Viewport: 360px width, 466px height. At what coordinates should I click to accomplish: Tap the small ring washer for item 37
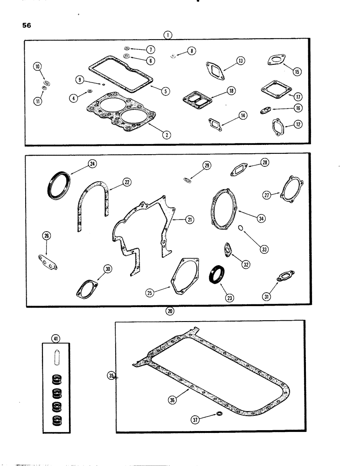click(x=219, y=414)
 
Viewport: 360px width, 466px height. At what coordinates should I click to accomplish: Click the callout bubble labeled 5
click(x=164, y=91)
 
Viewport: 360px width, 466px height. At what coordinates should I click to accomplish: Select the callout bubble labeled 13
click(x=240, y=61)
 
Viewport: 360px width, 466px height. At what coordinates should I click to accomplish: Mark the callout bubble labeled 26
click(x=46, y=236)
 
